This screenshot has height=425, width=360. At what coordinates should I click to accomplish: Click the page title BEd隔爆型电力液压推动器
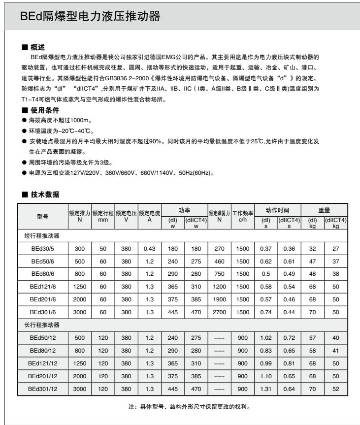(90, 17)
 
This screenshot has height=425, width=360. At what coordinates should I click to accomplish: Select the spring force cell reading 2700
(220, 312)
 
